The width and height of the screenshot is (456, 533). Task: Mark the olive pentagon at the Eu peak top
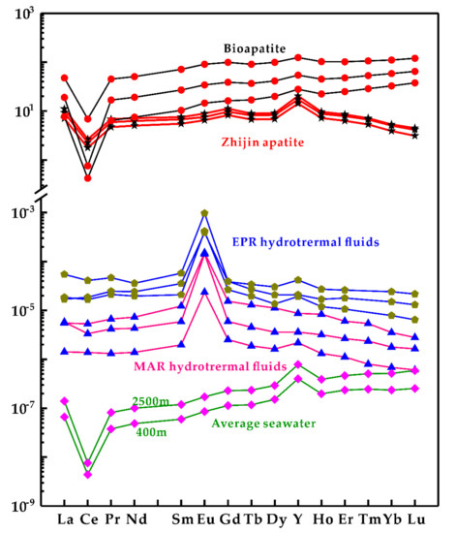[x=204, y=213]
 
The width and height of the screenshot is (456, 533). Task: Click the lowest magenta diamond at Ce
[x=88, y=475]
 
